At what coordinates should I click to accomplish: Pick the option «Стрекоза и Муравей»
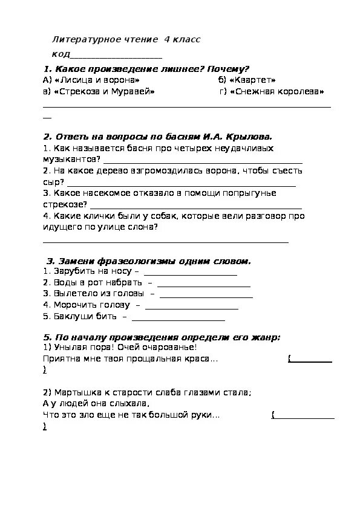click(x=103, y=92)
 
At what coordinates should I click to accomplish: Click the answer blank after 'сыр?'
click(x=182, y=184)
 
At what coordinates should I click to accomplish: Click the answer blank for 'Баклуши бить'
click(x=178, y=318)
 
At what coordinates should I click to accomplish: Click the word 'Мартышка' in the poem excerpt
click(x=72, y=392)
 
